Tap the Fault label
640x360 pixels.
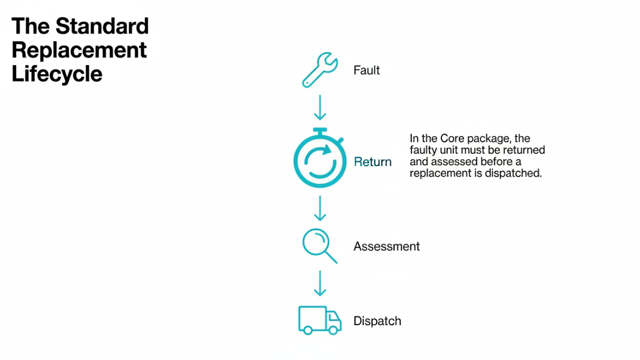pyautogui.click(x=366, y=70)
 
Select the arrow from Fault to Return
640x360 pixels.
pyautogui.click(x=320, y=107)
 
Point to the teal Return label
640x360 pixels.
pyautogui.click(x=373, y=162)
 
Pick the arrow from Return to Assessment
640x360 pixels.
pyautogui.click(x=320, y=208)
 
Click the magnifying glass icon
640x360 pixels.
pyautogui.click(x=320, y=246)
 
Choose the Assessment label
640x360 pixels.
pyautogui.click(x=387, y=247)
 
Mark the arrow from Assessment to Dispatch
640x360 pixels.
pyautogui.click(x=320, y=283)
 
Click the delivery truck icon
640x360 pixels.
pyautogui.click(x=320, y=320)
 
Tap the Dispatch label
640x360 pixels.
pyautogui.click(x=377, y=321)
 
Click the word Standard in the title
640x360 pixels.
pyautogui.click(x=102, y=26)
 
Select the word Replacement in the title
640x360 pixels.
pyautogui.click(x=79, y=51)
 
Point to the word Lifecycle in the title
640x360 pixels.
pyautogui.click(x=57, y=74)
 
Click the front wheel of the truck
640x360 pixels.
pyautogui.click(x=333, y=330)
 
